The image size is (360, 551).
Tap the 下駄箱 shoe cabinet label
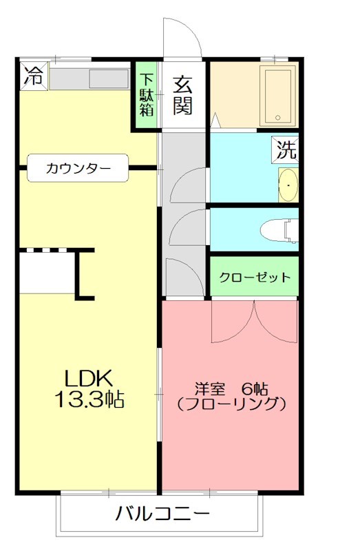pos(146,94)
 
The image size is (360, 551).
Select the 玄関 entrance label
pos(182,94)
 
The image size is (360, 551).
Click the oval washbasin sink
pos(288,185)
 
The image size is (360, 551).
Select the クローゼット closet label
pos(255,278)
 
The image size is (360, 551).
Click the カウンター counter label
pos(78,167)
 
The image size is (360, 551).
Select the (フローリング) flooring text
pos(231,405)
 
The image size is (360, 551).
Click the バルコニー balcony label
pos(162,514)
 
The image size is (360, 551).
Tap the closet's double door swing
pos(254,322)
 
